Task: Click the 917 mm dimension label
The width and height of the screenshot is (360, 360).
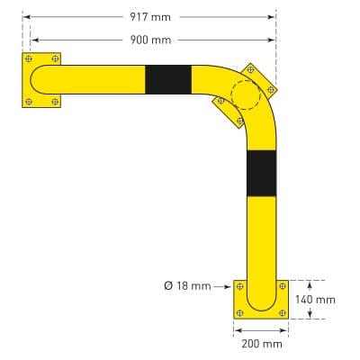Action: coord(149,16)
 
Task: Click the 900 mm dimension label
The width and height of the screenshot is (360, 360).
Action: coord(149,40)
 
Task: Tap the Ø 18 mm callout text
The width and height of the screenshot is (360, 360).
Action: coord(187,286)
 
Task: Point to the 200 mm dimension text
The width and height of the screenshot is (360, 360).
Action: coord(261,343)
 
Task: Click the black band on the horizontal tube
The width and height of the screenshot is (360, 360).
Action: coord(168,79)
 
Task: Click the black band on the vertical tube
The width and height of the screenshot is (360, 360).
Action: coord(261,173)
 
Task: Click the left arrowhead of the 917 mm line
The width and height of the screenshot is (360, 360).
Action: coord(25,16)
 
